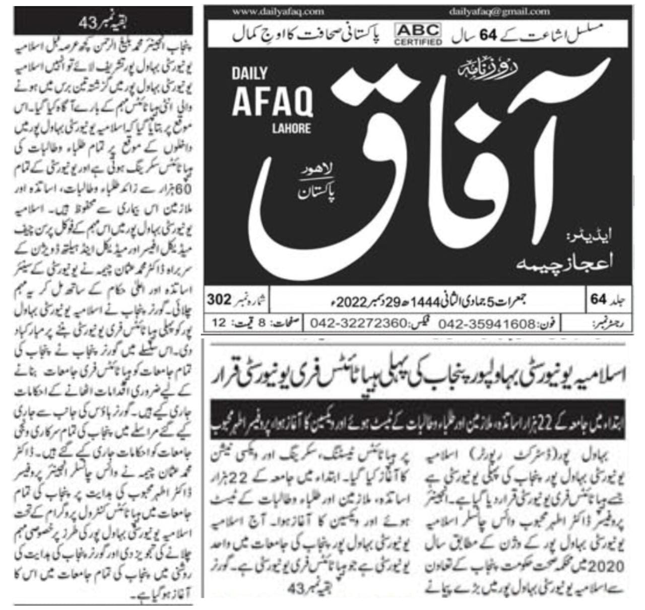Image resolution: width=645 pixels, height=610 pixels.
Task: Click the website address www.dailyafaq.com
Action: (279, 11)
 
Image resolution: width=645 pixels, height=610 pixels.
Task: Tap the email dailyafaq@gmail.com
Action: (499, 11)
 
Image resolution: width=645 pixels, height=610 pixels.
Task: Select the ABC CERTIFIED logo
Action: (418, 34)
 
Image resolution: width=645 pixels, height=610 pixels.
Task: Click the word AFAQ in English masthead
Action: (272, 103)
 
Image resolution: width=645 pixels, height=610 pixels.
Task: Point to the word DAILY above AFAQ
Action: (249, 74)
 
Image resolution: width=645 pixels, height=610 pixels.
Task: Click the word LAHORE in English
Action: (291, 128)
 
